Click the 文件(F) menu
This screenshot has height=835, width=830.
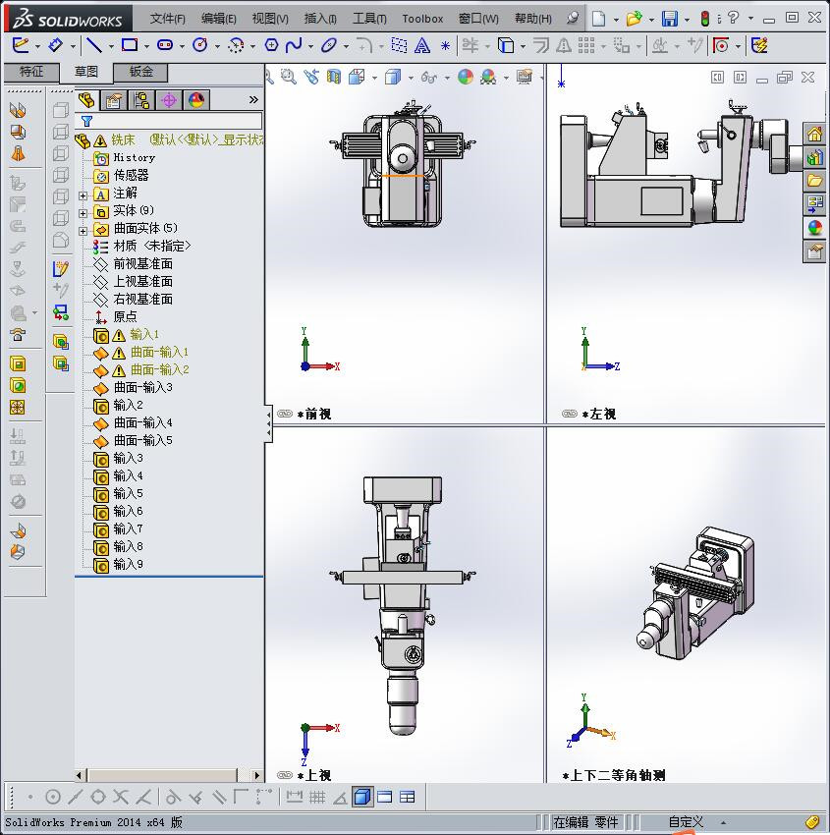(x=168, y=19)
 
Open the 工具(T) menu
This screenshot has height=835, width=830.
(x=369, y=19)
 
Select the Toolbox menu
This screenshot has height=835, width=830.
(x=422, y=19)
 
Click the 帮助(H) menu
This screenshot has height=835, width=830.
(x=532, y=19)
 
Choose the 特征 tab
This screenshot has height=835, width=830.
(x=31, y=72)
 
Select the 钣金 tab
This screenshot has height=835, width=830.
(x=140, y=72)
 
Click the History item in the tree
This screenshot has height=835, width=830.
(x=134, y=157)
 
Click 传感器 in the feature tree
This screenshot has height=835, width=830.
(x=131, y=175)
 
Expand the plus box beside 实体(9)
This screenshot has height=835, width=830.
(x=83, y=211)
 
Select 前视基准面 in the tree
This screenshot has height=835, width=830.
(x=142, y=263)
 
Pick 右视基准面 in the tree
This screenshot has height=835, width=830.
(x=142, y=299)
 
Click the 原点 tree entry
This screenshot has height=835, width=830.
(x=125, y=316)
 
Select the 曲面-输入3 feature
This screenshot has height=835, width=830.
(x=142, y=387)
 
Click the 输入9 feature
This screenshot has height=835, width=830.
(x=128, y=564)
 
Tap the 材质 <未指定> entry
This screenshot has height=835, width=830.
(x=151, y=246)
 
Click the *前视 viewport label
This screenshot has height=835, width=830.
(x=314, y=414)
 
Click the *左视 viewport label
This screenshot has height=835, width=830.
(x=599, y=414)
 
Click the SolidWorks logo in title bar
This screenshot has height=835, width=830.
(x=67, y=19)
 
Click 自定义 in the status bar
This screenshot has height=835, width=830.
(x=686, y=822)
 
